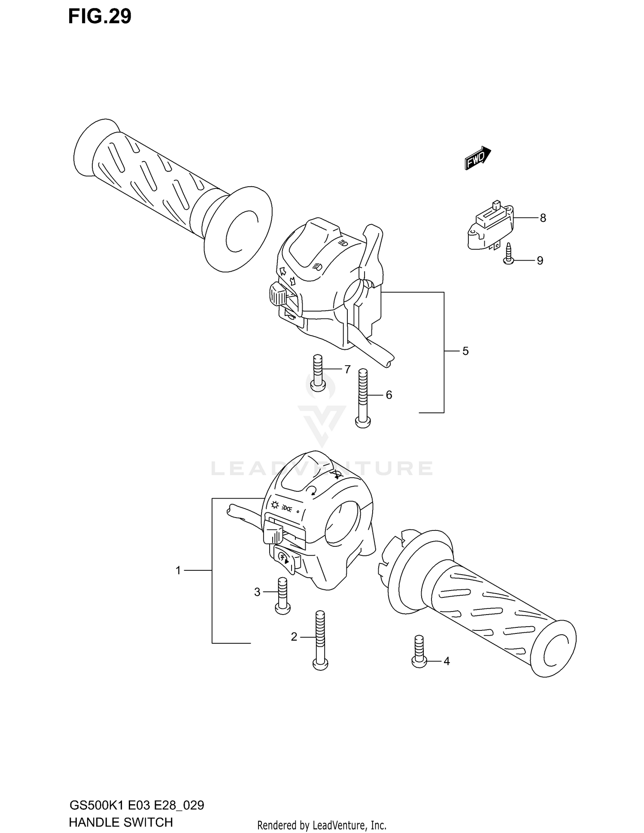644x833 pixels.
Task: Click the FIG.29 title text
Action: click(100, 17)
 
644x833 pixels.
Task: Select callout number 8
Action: click(543, 218)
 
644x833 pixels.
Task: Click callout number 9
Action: click(540, 261)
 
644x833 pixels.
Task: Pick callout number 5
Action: click(465, 351)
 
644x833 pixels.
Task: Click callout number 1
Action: click(178, 570)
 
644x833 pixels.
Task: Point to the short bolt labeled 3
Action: click(282, 596)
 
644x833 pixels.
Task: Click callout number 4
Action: click(447, 661)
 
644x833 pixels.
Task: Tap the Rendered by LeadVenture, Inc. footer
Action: click(322, 825)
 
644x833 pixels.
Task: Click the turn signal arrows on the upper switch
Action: click(287, 276)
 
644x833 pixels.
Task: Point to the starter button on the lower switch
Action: click(284, 558)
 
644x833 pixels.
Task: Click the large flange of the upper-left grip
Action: click(238, 230)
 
